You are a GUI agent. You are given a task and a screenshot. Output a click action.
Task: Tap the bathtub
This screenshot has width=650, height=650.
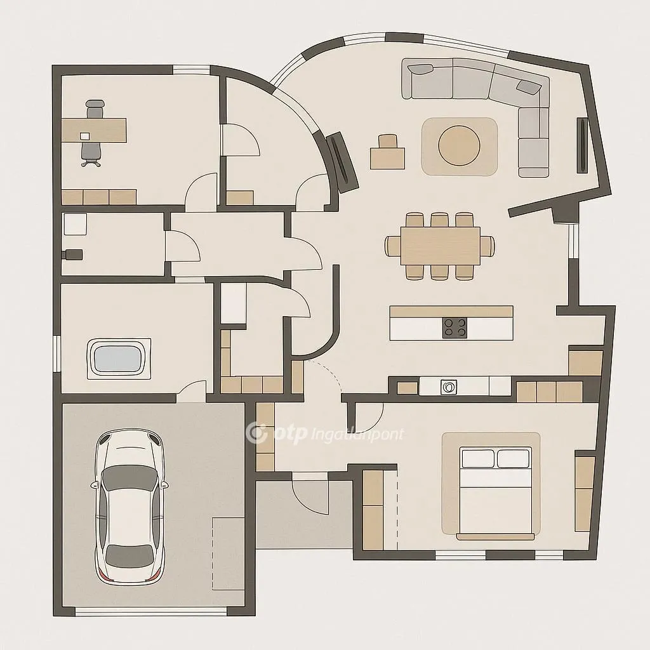119,359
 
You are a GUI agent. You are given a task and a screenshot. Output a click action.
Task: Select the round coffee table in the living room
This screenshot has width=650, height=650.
459,145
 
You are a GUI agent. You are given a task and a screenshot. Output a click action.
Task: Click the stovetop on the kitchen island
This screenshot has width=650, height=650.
454,328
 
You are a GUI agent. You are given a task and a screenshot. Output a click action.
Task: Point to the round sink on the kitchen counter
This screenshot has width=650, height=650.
449,386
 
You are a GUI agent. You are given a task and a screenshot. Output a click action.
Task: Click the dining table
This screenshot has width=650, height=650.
440,246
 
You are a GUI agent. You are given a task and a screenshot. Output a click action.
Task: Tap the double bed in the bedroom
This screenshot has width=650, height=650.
496,493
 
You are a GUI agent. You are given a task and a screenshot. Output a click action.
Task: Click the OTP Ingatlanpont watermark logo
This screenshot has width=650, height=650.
324,434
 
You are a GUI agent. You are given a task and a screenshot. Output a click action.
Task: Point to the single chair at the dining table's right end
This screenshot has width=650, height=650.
487,245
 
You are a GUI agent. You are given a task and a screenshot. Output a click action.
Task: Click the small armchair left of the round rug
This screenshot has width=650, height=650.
387,153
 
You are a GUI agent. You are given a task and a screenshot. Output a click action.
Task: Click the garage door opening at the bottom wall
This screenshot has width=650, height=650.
150,611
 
